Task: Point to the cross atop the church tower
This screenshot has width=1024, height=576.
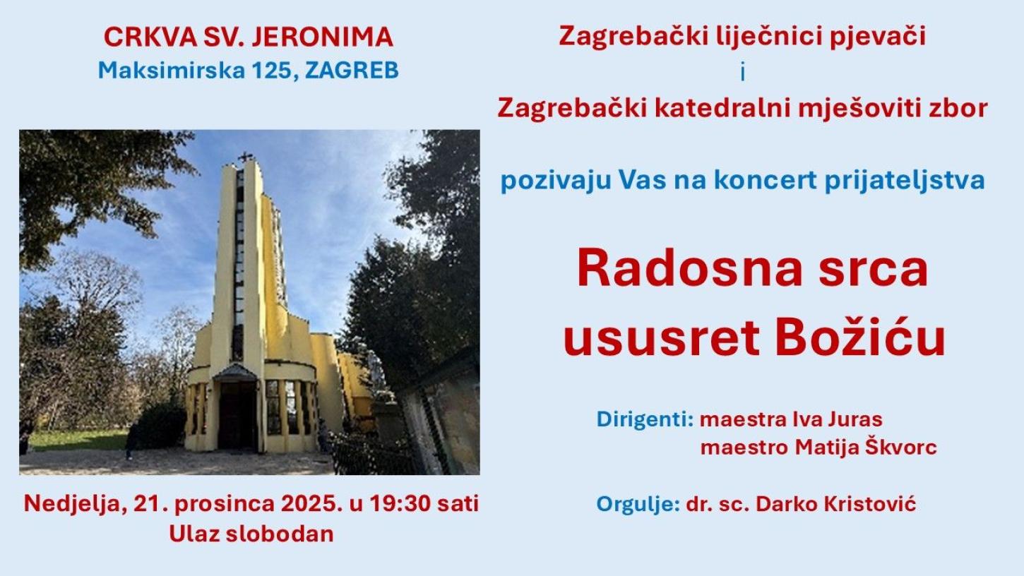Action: click(x=245, y=157)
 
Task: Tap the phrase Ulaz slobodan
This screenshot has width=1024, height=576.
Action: click(x=251, y=534)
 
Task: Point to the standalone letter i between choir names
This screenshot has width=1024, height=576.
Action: click(x=742, y=72)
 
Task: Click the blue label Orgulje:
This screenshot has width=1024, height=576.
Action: click(x=638, y=504)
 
